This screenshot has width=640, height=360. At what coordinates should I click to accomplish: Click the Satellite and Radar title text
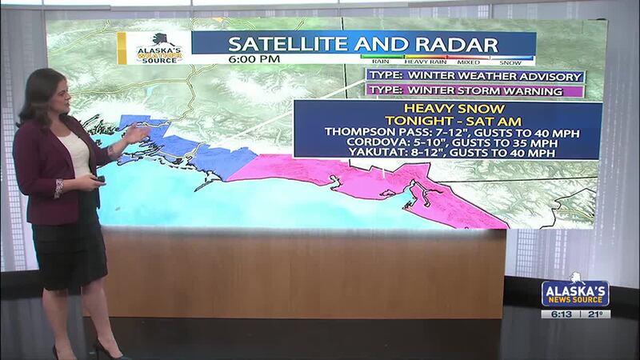pos(363,42)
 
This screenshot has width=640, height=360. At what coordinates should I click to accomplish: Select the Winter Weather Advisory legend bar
pos(475,76)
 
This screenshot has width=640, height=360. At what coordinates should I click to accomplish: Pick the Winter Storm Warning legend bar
pos(475,90)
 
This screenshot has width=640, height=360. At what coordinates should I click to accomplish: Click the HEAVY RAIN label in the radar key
pos(426,60)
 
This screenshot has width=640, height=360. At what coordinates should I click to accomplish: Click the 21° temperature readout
pos(594,314)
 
